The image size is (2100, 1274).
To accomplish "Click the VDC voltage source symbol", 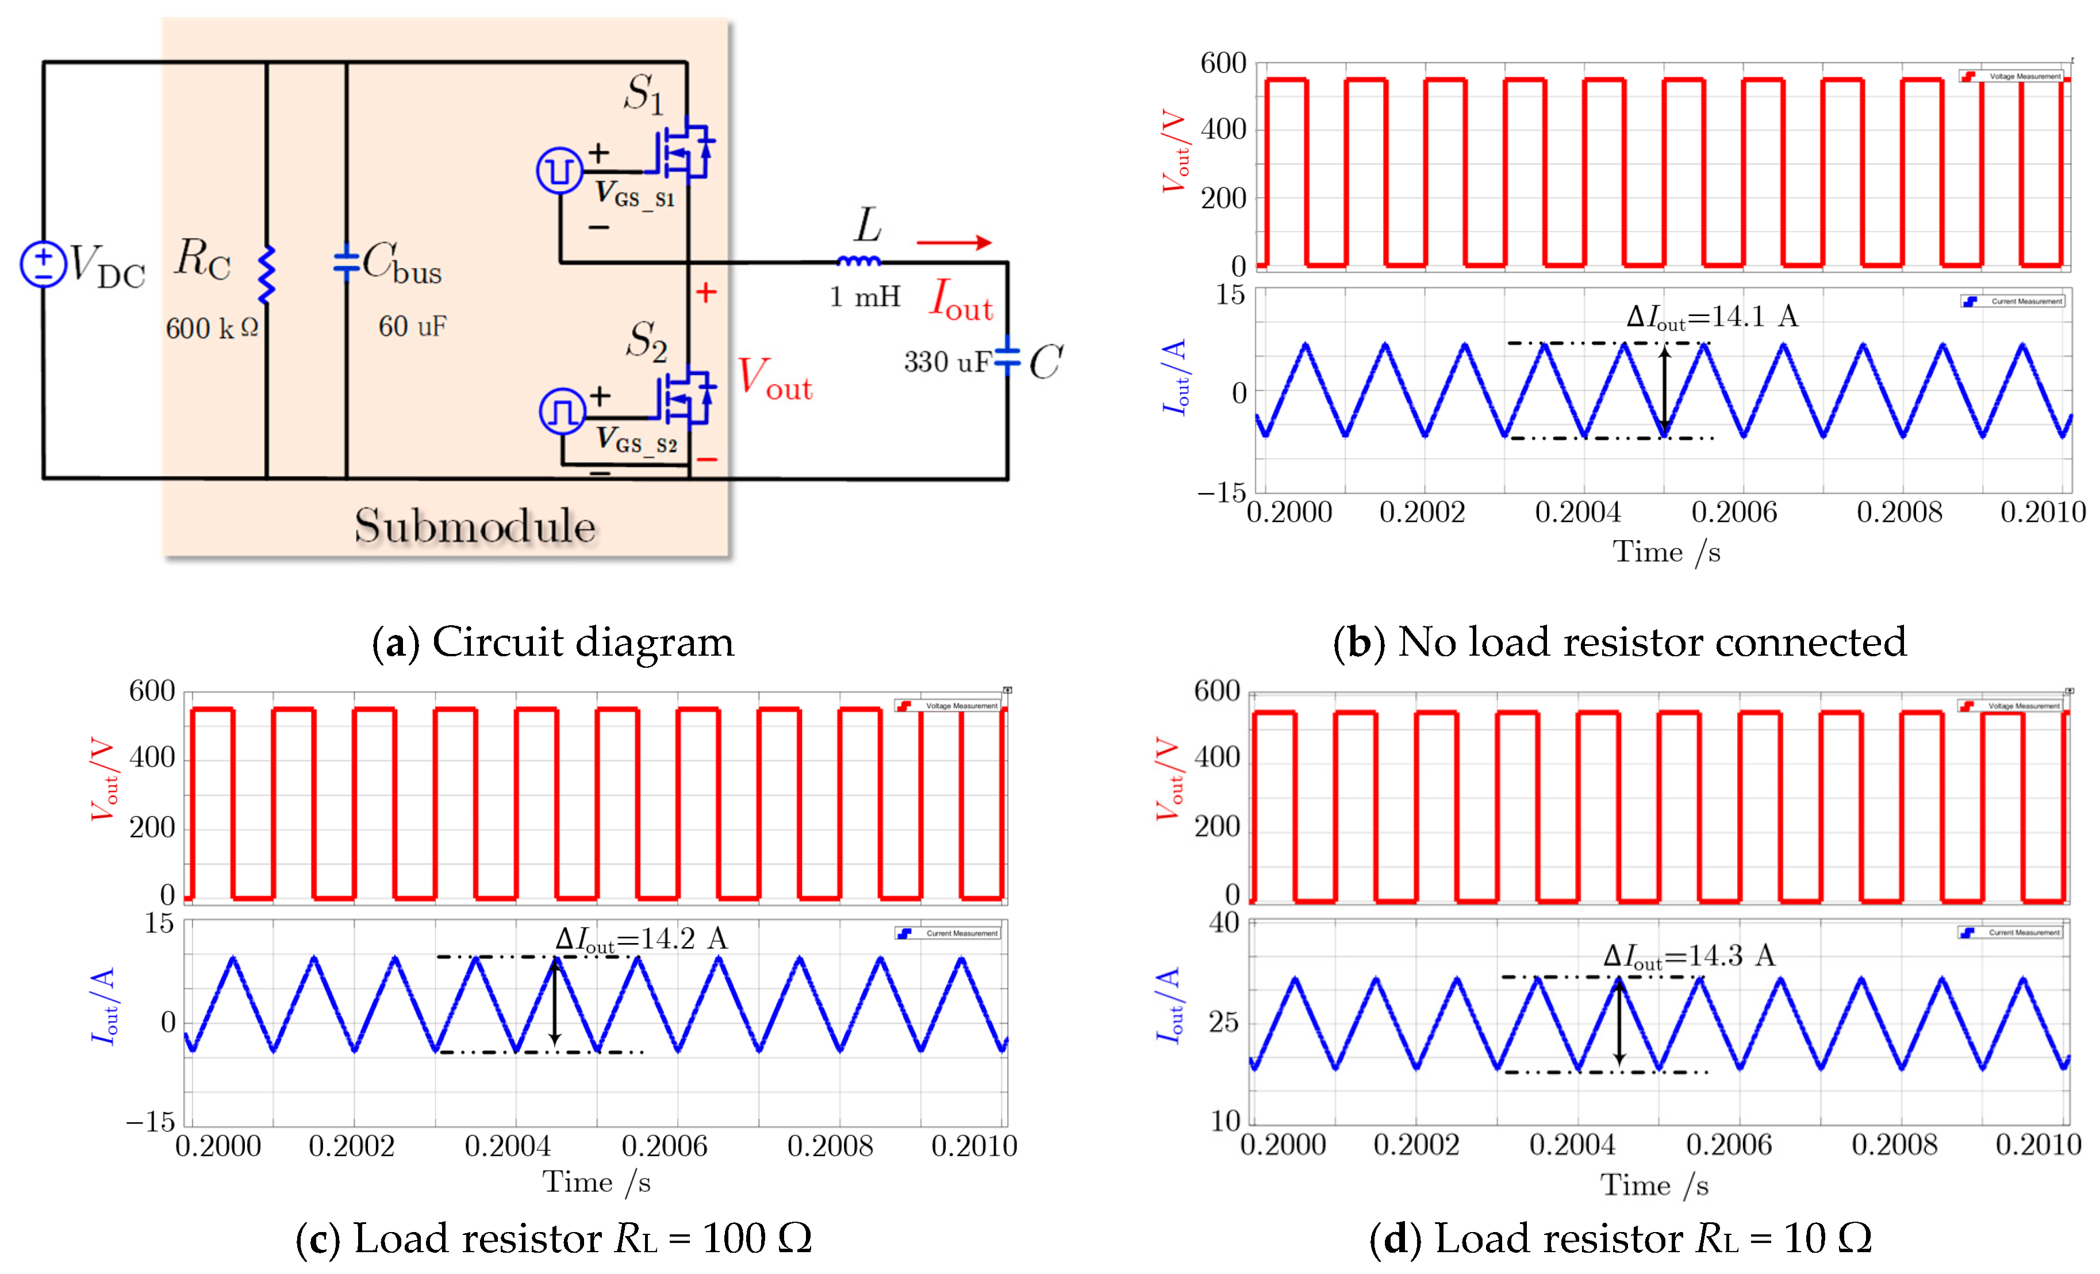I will coord(43,264).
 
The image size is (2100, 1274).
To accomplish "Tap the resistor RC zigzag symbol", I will coord(267,275).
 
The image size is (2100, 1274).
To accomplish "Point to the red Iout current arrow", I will coord(954,243).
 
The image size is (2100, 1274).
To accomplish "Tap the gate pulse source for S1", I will coord(559,171).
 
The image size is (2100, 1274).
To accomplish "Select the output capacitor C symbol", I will coord(1007,358).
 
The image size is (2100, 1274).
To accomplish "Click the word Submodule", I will coord(475,526).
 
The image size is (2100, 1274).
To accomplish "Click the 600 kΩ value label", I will coord(212,328).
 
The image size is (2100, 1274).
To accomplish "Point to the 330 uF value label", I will coord(946,362).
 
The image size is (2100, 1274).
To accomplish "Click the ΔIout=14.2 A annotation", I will coord(641,939).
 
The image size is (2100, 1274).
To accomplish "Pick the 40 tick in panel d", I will coord(1224,923).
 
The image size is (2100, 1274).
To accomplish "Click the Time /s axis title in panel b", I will coord(1666,552).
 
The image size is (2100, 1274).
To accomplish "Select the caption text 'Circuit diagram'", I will coord(582,642).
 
